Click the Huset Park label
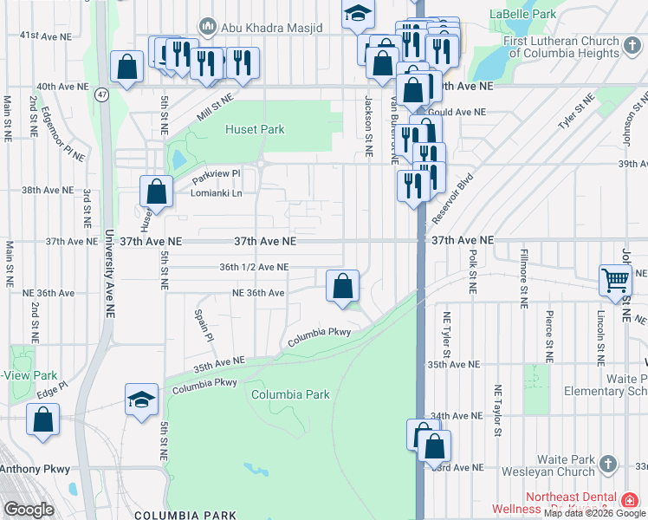click(x=255, y=129)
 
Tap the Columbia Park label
click(x=290, y=394)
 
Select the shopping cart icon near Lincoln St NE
click(x=616, y=281)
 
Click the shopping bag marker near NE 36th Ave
click(x=343, y=285)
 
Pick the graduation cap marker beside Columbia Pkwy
click(x=142, y=400)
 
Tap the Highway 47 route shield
click(x=102, y=94)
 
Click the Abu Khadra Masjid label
click(x=271, y=27)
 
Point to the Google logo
click(x=29, y=510)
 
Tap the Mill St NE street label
click(x=216, y=108)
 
